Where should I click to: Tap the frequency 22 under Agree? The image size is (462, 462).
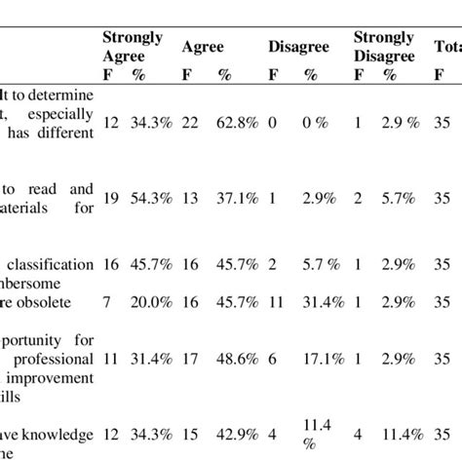coord(191,126)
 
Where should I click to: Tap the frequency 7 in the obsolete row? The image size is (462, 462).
coord(109,301)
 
